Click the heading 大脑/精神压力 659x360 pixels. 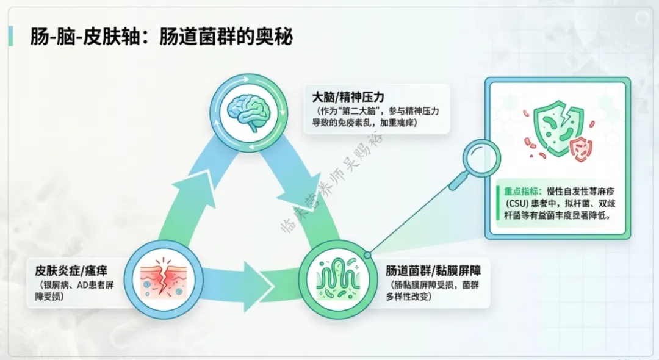[350, 96]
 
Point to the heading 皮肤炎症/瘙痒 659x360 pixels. [71, 270]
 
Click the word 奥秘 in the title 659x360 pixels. [275, 38]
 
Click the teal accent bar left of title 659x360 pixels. [10, 37]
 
